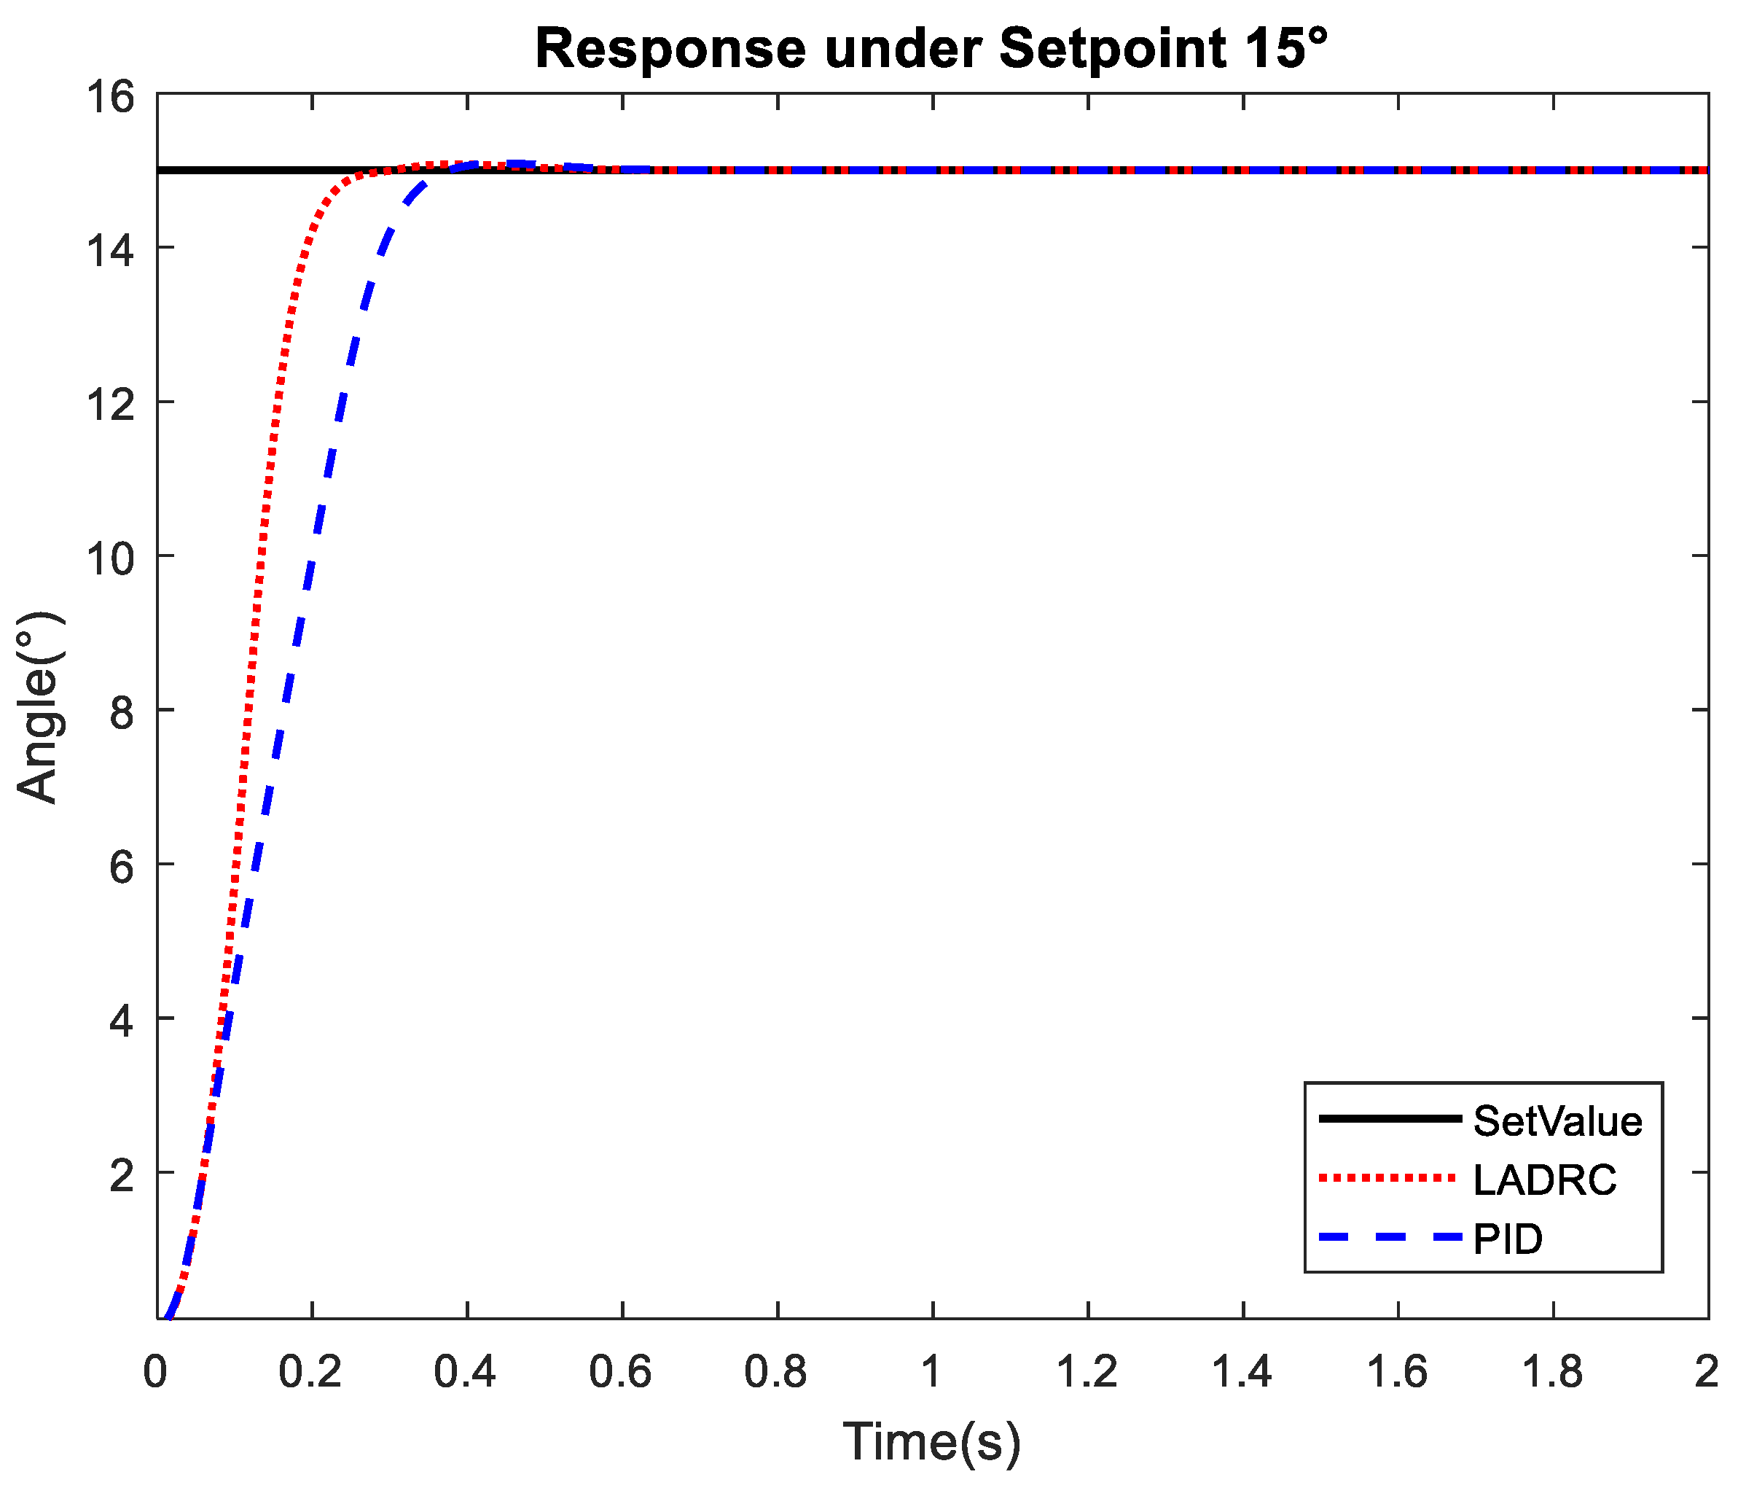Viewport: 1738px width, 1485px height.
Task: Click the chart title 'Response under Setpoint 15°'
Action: pyautogui.click(x=932, y=48)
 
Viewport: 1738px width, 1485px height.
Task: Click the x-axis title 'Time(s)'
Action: pyautogui.click(x=932, y=1441)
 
